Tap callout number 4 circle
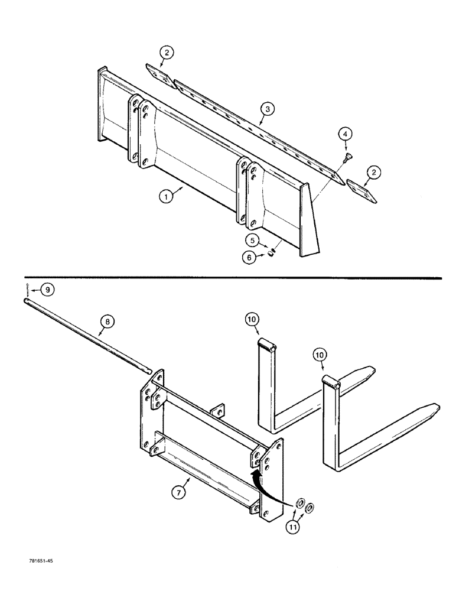pyautogui.click(x=344, y=135)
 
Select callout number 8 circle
pyautogui.click(x=107, y=322)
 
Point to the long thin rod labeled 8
pyautogui.click(x=89, y=337)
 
